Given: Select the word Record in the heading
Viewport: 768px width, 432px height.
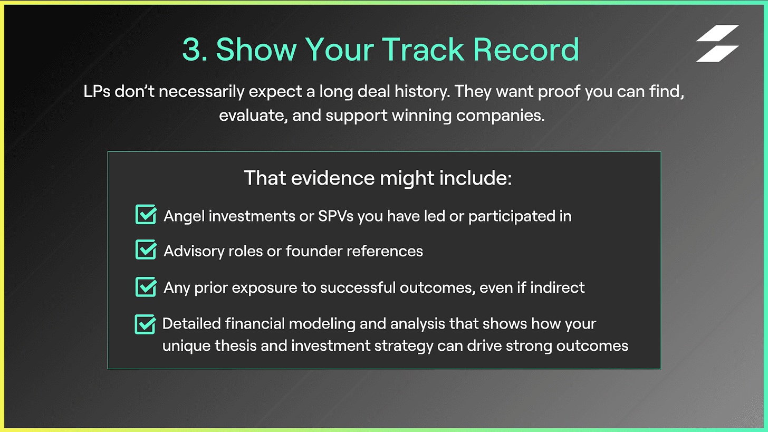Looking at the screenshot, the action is pos(526,50).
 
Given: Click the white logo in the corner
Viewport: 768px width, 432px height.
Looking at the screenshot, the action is pos(717,43).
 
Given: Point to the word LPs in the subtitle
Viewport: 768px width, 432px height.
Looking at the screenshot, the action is pos(97,92).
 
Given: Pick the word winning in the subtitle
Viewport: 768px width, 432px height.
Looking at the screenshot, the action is pos(422,116).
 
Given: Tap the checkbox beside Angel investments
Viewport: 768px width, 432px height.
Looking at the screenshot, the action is pos(146,214).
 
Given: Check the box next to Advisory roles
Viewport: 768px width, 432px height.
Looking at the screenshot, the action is pos(146,249).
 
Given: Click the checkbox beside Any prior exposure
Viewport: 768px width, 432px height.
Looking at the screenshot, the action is pos(146,286).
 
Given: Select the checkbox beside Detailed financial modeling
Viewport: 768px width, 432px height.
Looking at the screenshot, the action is pos(145,324).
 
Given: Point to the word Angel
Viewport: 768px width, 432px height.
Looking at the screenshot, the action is pos(184,217).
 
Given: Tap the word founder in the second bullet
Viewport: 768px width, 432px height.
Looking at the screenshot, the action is pos(314,251).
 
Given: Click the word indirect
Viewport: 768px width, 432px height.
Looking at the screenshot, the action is pos(558,287).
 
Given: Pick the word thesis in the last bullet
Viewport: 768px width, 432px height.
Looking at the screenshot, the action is pos(236,345).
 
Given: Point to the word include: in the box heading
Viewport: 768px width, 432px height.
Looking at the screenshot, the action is pos(476,178).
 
